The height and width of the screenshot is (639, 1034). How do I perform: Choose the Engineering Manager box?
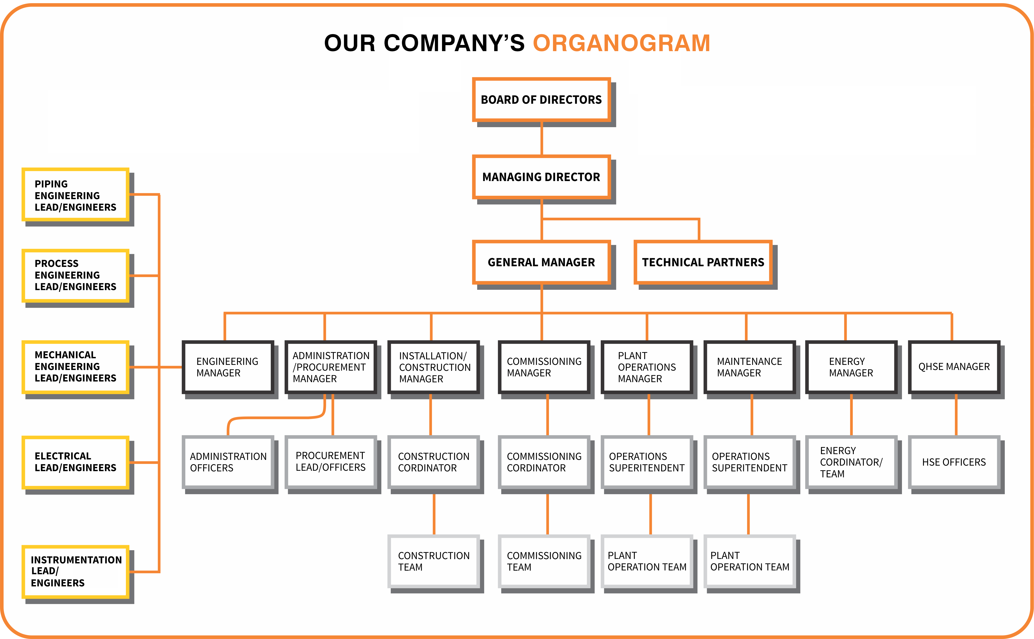click(x=228, y=367)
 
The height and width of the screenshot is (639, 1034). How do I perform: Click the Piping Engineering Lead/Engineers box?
click(x=75, y=195)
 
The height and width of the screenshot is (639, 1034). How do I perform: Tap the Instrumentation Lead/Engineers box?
click(x=75, y=571)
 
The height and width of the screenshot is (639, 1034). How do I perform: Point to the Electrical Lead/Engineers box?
click(x=75, y=462)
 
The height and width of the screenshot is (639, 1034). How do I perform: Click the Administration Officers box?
click(x=228, y=462)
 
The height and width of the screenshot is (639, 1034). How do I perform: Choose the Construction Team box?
click(x=433, y=561)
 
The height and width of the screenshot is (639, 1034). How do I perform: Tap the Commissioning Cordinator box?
click(x=544, y=462)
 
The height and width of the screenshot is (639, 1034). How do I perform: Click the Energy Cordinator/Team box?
click(x=851, y=462)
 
